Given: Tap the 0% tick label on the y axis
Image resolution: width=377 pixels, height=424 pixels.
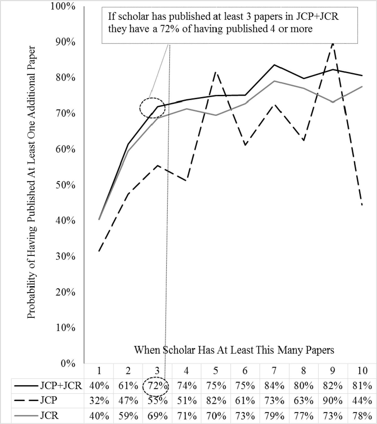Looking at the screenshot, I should click(68, 363).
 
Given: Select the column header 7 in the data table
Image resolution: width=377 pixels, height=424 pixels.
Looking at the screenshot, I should click(274, 371).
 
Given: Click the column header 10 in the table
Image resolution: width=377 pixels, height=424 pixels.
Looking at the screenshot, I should click(362, 371).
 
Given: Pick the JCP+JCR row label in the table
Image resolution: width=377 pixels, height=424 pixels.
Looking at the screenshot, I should click(61, 386).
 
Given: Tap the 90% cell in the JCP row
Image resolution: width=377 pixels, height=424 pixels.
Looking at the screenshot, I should click(333, 401).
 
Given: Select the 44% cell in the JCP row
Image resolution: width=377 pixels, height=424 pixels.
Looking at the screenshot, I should click(362, 401).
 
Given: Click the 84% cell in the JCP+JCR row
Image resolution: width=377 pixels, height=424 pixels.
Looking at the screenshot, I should click(274, 386).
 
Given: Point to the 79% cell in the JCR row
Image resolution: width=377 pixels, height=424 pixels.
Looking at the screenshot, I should click(274, 416).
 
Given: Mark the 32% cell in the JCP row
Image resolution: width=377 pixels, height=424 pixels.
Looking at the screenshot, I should click(99, 401).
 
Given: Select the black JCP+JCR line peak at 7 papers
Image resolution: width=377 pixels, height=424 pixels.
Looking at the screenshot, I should click(274, 65).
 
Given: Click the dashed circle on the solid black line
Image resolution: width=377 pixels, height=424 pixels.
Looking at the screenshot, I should click(152, 108).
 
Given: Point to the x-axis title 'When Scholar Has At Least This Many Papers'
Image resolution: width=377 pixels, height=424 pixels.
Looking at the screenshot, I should click(234, 350).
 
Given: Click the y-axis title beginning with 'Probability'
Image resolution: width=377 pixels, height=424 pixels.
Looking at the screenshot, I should click(32, 182).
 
